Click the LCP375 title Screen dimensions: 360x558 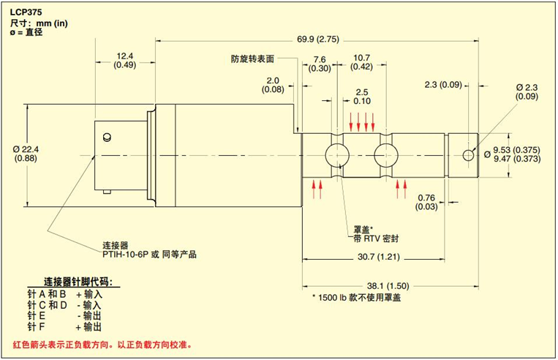pyautogui.click(x=26, y=12)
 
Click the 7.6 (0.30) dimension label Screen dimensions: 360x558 pyautogui.click(x=319, y=64)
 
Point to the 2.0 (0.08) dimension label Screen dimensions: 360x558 pyautogui.click(x=273, y=85)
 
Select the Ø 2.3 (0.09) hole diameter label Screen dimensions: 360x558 pyautogui.click(x=526, y=91)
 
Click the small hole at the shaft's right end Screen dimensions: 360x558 pyautogui.click(x=468, y=154)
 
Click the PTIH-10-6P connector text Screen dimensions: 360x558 pyautogui.click(x=149, y=254)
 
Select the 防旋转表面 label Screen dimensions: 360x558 pyautogui.click(x=252, y=58)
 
